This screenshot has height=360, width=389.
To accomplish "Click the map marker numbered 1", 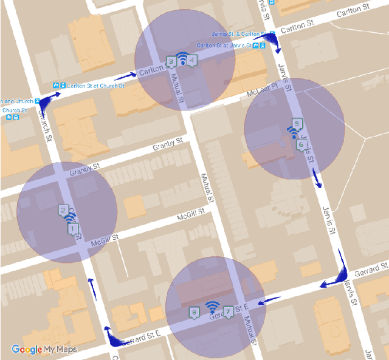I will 73,229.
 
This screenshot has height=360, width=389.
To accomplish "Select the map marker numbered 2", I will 63,211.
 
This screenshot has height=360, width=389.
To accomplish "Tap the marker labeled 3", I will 171,61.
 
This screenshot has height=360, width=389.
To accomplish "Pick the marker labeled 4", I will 191,59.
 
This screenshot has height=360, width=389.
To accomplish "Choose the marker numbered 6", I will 300,145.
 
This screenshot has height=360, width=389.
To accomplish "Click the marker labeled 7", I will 228,311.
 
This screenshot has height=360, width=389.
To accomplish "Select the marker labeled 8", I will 194,312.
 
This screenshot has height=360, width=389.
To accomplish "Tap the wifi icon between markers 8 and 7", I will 212,306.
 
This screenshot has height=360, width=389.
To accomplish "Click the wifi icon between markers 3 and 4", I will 182,58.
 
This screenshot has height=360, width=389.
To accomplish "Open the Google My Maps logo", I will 44,349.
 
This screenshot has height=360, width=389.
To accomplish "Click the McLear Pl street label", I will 261,93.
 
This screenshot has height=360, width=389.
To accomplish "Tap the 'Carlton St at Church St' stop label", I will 96,86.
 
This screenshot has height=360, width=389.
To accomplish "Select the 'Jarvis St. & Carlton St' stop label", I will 239,33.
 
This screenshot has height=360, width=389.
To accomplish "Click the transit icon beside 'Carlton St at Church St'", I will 56,86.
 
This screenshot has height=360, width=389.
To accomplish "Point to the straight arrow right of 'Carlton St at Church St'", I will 125,77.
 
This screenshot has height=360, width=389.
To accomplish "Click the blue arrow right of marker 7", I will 267,299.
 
